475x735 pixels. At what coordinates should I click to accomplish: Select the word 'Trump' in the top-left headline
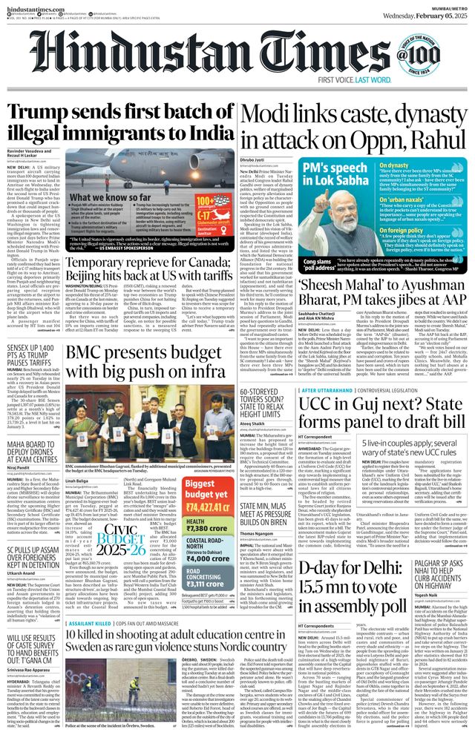(x=37, y=113)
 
